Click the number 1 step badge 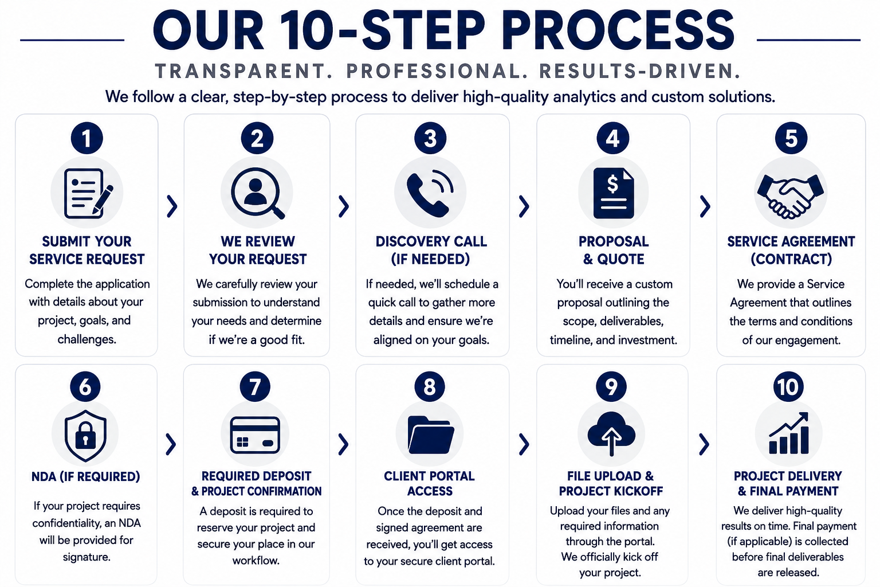(x=87, y=138)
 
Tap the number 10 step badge (x=788, y=386)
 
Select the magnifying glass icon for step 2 (x=257, y=193)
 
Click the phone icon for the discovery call (x=430, y=193)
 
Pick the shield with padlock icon (x=85, y=435)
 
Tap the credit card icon (x=255, y=435)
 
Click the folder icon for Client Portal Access (x=431, y=435)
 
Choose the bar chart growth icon (x=789, y=433)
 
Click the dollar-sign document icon (x=614, y=193)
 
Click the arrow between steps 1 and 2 (x=172, y=206)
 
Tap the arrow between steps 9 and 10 (x=704, y=444)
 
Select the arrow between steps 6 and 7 (x=171, y=444)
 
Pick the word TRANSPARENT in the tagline (x=244, y=71)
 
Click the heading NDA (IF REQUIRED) (x=85, y=476)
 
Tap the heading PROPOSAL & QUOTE (x=614, y=250)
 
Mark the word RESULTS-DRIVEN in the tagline (x=639, y=71)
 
